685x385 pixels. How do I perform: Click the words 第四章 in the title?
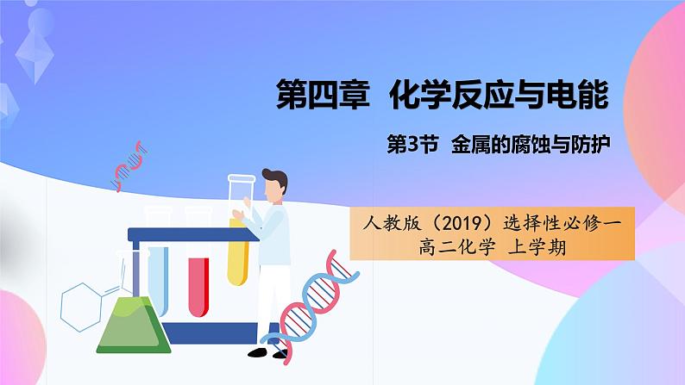(x=323, y=94)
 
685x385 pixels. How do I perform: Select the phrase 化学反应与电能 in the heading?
(x=499, y=94)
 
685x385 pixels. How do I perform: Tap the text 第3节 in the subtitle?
(x=412, y=145)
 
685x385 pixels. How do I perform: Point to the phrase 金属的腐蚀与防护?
(x=531, y=145)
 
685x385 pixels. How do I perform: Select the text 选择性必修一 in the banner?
(x=562, y=223)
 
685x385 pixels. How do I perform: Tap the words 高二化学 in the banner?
(x=457, y=247)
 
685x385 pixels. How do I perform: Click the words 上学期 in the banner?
(x=537, y=247)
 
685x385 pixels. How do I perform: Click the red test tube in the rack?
(x=198, y=287)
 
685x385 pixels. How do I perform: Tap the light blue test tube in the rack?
(x=158, y=281)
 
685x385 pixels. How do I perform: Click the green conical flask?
(x=133, y=325)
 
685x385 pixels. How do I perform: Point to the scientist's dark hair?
(x=276, y=179)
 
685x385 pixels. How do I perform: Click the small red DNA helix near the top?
(x=129, y=166)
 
